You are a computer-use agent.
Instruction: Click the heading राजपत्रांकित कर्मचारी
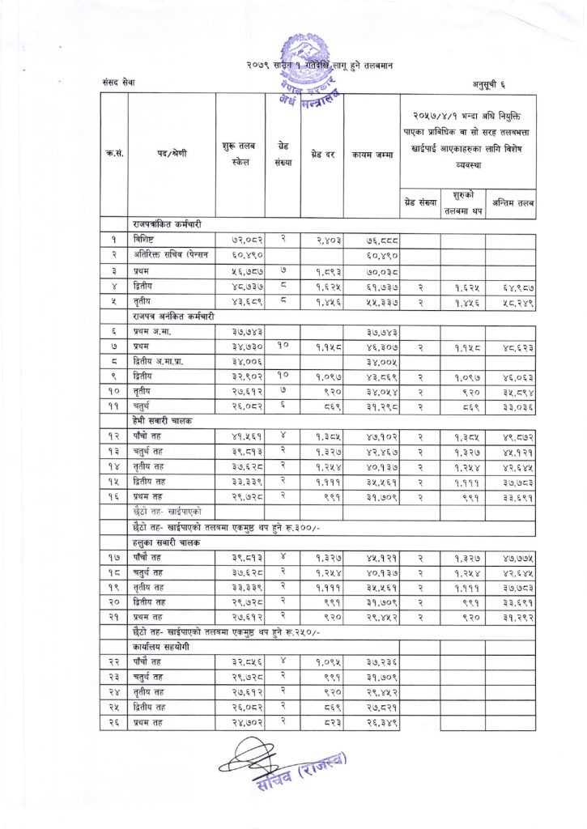point(168,223)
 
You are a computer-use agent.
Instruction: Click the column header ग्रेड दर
point(321,154)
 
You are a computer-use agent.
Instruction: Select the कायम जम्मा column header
point(372,154)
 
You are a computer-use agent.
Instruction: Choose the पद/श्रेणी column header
point(171,154)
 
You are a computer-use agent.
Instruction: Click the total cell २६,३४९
point(372,724)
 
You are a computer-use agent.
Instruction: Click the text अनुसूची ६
point(490,83)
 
